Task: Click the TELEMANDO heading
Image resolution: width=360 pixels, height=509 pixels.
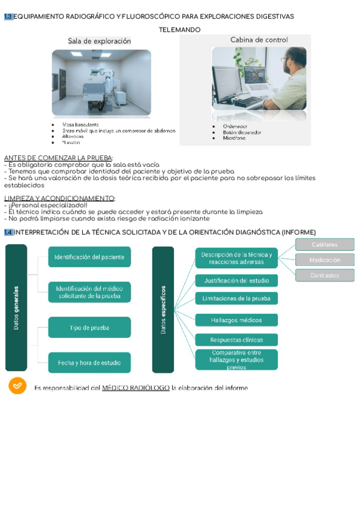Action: tap(179, 30)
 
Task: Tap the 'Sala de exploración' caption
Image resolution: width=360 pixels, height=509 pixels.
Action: tap(99, 41)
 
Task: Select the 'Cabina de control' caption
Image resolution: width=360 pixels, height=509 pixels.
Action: tap(259, 40)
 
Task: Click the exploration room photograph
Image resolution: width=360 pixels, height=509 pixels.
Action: tap(101, 83)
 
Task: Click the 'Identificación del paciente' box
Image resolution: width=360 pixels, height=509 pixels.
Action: tap(89, 257)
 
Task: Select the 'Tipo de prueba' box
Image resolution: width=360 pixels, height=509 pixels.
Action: tap(89, 328)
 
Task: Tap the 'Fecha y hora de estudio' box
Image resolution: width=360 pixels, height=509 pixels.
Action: tap(89, 363)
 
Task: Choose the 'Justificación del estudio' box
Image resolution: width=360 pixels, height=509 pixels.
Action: tap(236, 280)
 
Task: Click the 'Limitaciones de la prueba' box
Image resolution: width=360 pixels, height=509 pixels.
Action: tap(236, 298)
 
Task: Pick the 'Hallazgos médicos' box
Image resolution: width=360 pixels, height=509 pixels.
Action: tap(236, 321)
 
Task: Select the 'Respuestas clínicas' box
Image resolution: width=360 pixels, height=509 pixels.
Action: tap(236, 340)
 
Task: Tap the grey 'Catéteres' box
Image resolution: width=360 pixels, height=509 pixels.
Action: tap(325, 244)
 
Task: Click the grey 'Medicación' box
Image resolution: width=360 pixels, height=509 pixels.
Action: tap(325, 260)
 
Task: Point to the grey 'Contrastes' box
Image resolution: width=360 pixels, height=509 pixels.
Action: tap(325, 276)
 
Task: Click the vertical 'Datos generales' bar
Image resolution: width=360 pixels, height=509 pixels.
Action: tap(16, 307)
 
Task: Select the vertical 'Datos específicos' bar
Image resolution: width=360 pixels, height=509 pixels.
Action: tap(163, 309)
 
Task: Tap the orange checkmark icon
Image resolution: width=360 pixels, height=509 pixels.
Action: tap(17, 385)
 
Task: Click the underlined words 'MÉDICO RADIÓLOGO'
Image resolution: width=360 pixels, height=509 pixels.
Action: tap(136, 388)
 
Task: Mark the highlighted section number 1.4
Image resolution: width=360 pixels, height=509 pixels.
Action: tap(8, 232)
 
